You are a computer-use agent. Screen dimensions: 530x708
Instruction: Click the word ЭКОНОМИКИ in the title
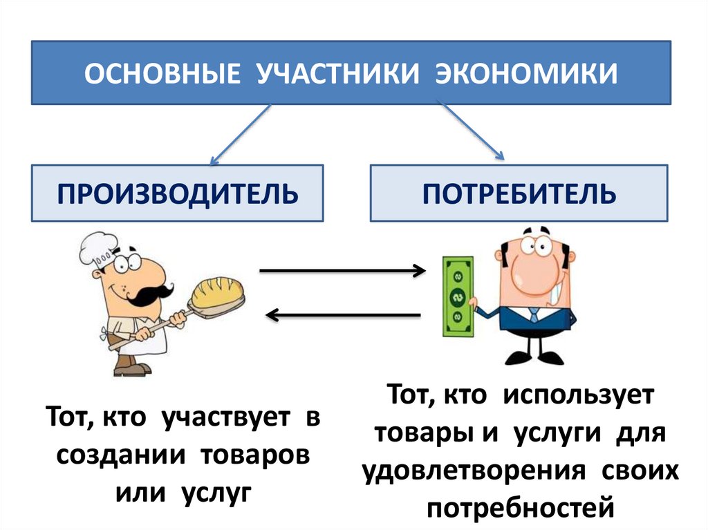(526, 73)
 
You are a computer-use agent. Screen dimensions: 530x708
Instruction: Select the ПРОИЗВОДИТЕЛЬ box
(178, 193)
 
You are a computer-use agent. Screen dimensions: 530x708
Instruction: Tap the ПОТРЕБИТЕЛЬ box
(519, 193)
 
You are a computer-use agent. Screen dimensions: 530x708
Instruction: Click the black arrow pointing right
(342, 271)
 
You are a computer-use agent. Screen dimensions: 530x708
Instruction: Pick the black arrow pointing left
(342, 316)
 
